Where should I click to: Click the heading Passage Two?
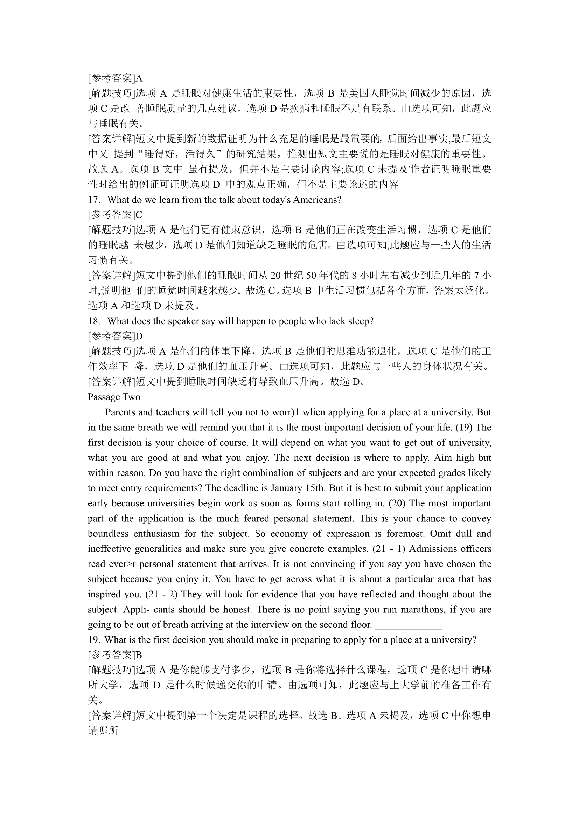(114, 397)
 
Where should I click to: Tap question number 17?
(94, 200)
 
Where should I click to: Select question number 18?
(94, 321)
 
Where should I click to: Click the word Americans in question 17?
(315, 200)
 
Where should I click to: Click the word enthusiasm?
(156, 534)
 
